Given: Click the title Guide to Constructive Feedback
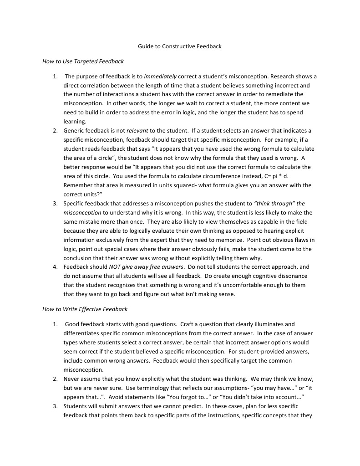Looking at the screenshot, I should [180, 46].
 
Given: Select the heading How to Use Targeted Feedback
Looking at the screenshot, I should [83, 61].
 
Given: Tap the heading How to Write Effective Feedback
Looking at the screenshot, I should [85, 309].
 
